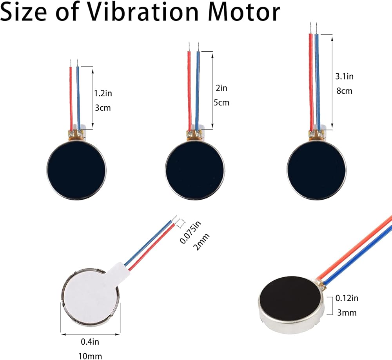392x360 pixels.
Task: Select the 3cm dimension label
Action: [x=103, y=107]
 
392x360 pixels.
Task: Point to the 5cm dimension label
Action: [x=221, y=103]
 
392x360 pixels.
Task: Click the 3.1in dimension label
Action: [x=345, y=76]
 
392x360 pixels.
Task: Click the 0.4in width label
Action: [x=90, y=342]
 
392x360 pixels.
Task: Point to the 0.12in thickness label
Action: [x=347, y=298]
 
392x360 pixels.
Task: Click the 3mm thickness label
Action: [x=347, y=313]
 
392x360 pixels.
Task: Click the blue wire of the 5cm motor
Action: [x=198, y=90]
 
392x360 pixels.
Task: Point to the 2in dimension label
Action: [x=221, y=88]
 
